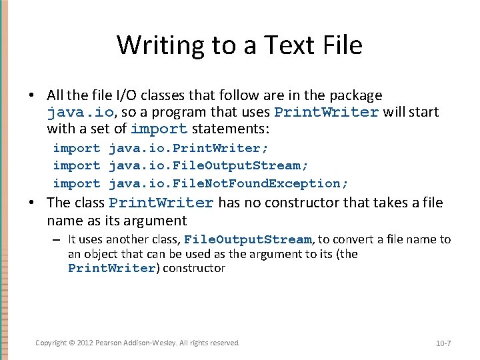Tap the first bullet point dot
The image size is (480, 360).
pos(31,95)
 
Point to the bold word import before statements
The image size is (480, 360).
pos(159,129)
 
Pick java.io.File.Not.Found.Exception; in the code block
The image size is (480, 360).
pos(228,183)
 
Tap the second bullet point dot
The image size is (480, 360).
pos(31,203)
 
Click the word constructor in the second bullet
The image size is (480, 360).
pos(317,203)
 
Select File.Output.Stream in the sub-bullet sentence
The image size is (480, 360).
pos(247,239)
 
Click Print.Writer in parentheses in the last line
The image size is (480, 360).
pos(111,269)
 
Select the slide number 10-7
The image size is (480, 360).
pos(443,343)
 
